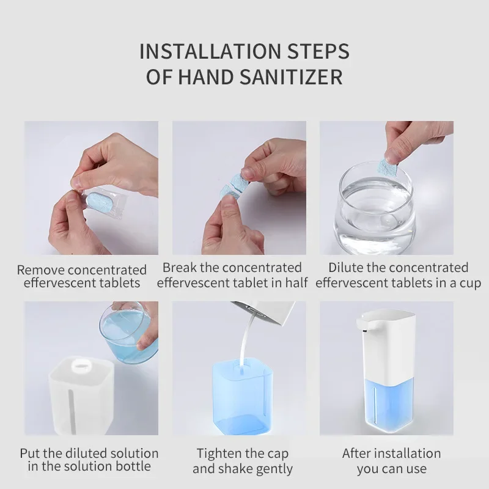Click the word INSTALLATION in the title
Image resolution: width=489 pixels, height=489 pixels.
pyautogui.click(x=210, y=51)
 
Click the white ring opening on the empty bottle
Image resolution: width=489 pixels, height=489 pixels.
pyautogui.click(x=83, y=365)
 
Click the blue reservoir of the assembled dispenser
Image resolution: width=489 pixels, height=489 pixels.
pyautogui.click(x=390, y=405)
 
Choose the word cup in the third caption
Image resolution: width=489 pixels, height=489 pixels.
pyautogui.click(x=470, y=284)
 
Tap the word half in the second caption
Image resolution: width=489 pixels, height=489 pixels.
pyautogui.click(x=296, y=283)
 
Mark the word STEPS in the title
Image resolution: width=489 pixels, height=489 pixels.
pyautogui.click(x=318, y=51)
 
